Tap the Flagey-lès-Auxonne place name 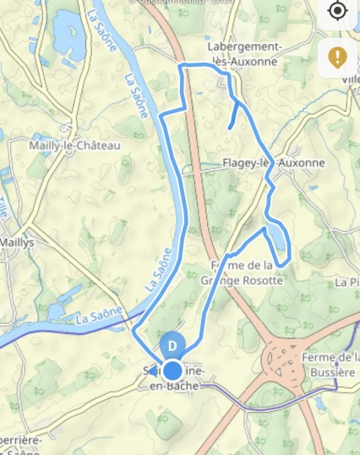(x=274, y=163)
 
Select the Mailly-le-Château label (x=75, y=145)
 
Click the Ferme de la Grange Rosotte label (x=246, y=273)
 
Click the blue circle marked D (x=172, y=346)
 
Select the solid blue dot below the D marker (x=172, y=370)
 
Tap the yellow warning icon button (x=337, y=58)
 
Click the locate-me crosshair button (x=337, y=11)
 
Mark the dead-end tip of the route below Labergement (x=230, y=129)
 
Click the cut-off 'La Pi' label (x=346, y=282)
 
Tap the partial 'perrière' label (x=21, y=441)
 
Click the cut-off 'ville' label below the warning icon (x=350, y=79)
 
